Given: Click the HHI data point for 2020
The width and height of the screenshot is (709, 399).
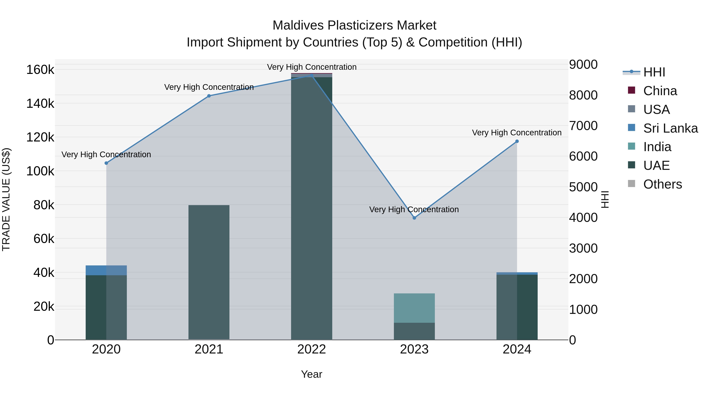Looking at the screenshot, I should point(106,163).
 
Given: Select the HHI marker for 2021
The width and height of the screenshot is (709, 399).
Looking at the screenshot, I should point(209,96).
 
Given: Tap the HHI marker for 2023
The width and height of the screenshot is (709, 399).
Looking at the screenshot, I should point(414,218).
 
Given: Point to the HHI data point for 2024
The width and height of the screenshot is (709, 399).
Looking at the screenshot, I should point(517,141).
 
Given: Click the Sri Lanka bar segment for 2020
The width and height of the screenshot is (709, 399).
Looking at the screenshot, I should point(106,270).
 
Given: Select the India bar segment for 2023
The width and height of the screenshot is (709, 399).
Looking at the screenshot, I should point(414,308).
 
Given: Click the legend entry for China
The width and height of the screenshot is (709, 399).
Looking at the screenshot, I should point(660,91).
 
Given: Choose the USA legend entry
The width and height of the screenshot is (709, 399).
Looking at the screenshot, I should point(656,110).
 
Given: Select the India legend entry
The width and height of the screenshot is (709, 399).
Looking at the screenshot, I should point(657,147).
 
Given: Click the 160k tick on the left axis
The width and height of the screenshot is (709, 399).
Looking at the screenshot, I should point(40,70).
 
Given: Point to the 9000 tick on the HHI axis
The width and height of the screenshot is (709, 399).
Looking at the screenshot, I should point(583,64).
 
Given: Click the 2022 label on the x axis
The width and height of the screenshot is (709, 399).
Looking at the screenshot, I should point(312,349).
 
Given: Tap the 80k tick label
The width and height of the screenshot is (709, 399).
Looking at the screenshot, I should point(44,205).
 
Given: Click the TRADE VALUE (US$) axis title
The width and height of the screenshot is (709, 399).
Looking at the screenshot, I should point(6,199).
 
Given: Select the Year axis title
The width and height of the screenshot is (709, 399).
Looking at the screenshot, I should point(312,374).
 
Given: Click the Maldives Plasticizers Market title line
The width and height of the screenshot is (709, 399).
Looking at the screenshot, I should point(354,25).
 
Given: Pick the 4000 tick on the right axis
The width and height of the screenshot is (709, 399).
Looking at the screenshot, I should point(583,218).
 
